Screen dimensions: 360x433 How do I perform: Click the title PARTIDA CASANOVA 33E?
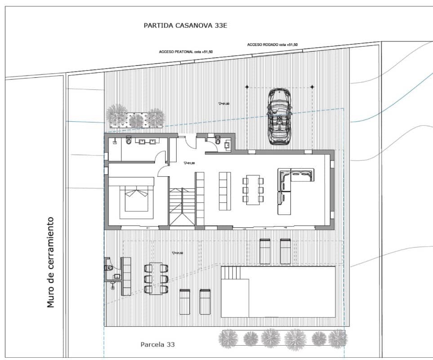click(185, 26)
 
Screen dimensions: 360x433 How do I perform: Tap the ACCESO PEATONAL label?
click(186, 52)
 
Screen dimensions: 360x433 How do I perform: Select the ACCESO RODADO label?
click(272, 45)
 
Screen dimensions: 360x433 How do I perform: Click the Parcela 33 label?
click(157, 345)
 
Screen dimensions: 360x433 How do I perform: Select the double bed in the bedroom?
click(136, 199)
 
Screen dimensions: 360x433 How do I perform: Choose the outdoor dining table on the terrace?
click(156, 279)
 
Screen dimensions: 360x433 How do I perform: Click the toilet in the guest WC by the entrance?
click(218, 141)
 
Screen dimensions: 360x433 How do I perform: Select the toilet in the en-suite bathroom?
click(129, 142)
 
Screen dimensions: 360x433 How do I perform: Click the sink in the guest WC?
click(227, 145)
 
